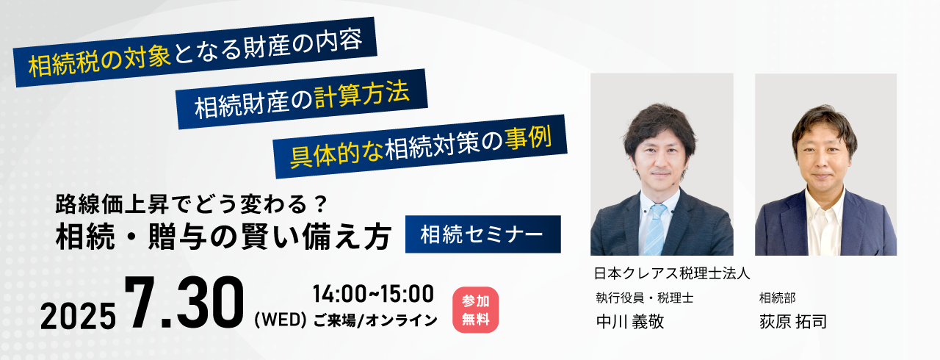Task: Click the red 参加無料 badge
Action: pos(475,309)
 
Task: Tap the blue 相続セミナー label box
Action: pos(483,234)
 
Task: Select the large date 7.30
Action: pos(184,303)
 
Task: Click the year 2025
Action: pos(78,316)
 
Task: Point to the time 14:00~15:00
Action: pos(373,294)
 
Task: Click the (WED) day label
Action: pos(281,320)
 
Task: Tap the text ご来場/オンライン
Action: pos(375,320)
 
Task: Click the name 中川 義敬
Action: pos(630,321)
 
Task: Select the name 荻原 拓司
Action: pos(792,321)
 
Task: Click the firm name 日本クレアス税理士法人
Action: pos(672,273)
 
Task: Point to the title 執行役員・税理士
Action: pos(645,298)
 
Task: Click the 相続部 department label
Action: pos(777,298)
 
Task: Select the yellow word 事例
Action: pos(528,139)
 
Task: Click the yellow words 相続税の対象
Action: pos(99,62)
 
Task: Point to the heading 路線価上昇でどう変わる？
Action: pos(191,204)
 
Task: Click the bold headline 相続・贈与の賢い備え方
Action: pos(223,237)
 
